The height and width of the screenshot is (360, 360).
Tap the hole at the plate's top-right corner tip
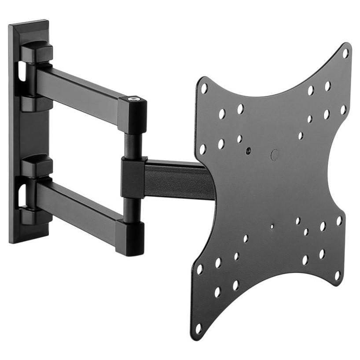pyautogui.click(x=345, y=53)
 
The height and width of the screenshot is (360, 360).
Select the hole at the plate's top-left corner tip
pyautogui.click(x=204, y=88)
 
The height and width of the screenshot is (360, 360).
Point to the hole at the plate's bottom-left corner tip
pyautogui.click(x=198, y=328)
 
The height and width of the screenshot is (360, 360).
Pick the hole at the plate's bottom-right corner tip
pyautogui.click(x=338, y=276)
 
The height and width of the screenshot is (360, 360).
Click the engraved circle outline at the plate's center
pyautogui.click(x=275, y=155)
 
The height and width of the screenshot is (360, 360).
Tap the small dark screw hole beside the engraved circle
pyautogui.click(x=249, y=150)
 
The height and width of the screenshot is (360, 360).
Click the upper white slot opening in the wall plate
pyautogui.click(x=21, y=73)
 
